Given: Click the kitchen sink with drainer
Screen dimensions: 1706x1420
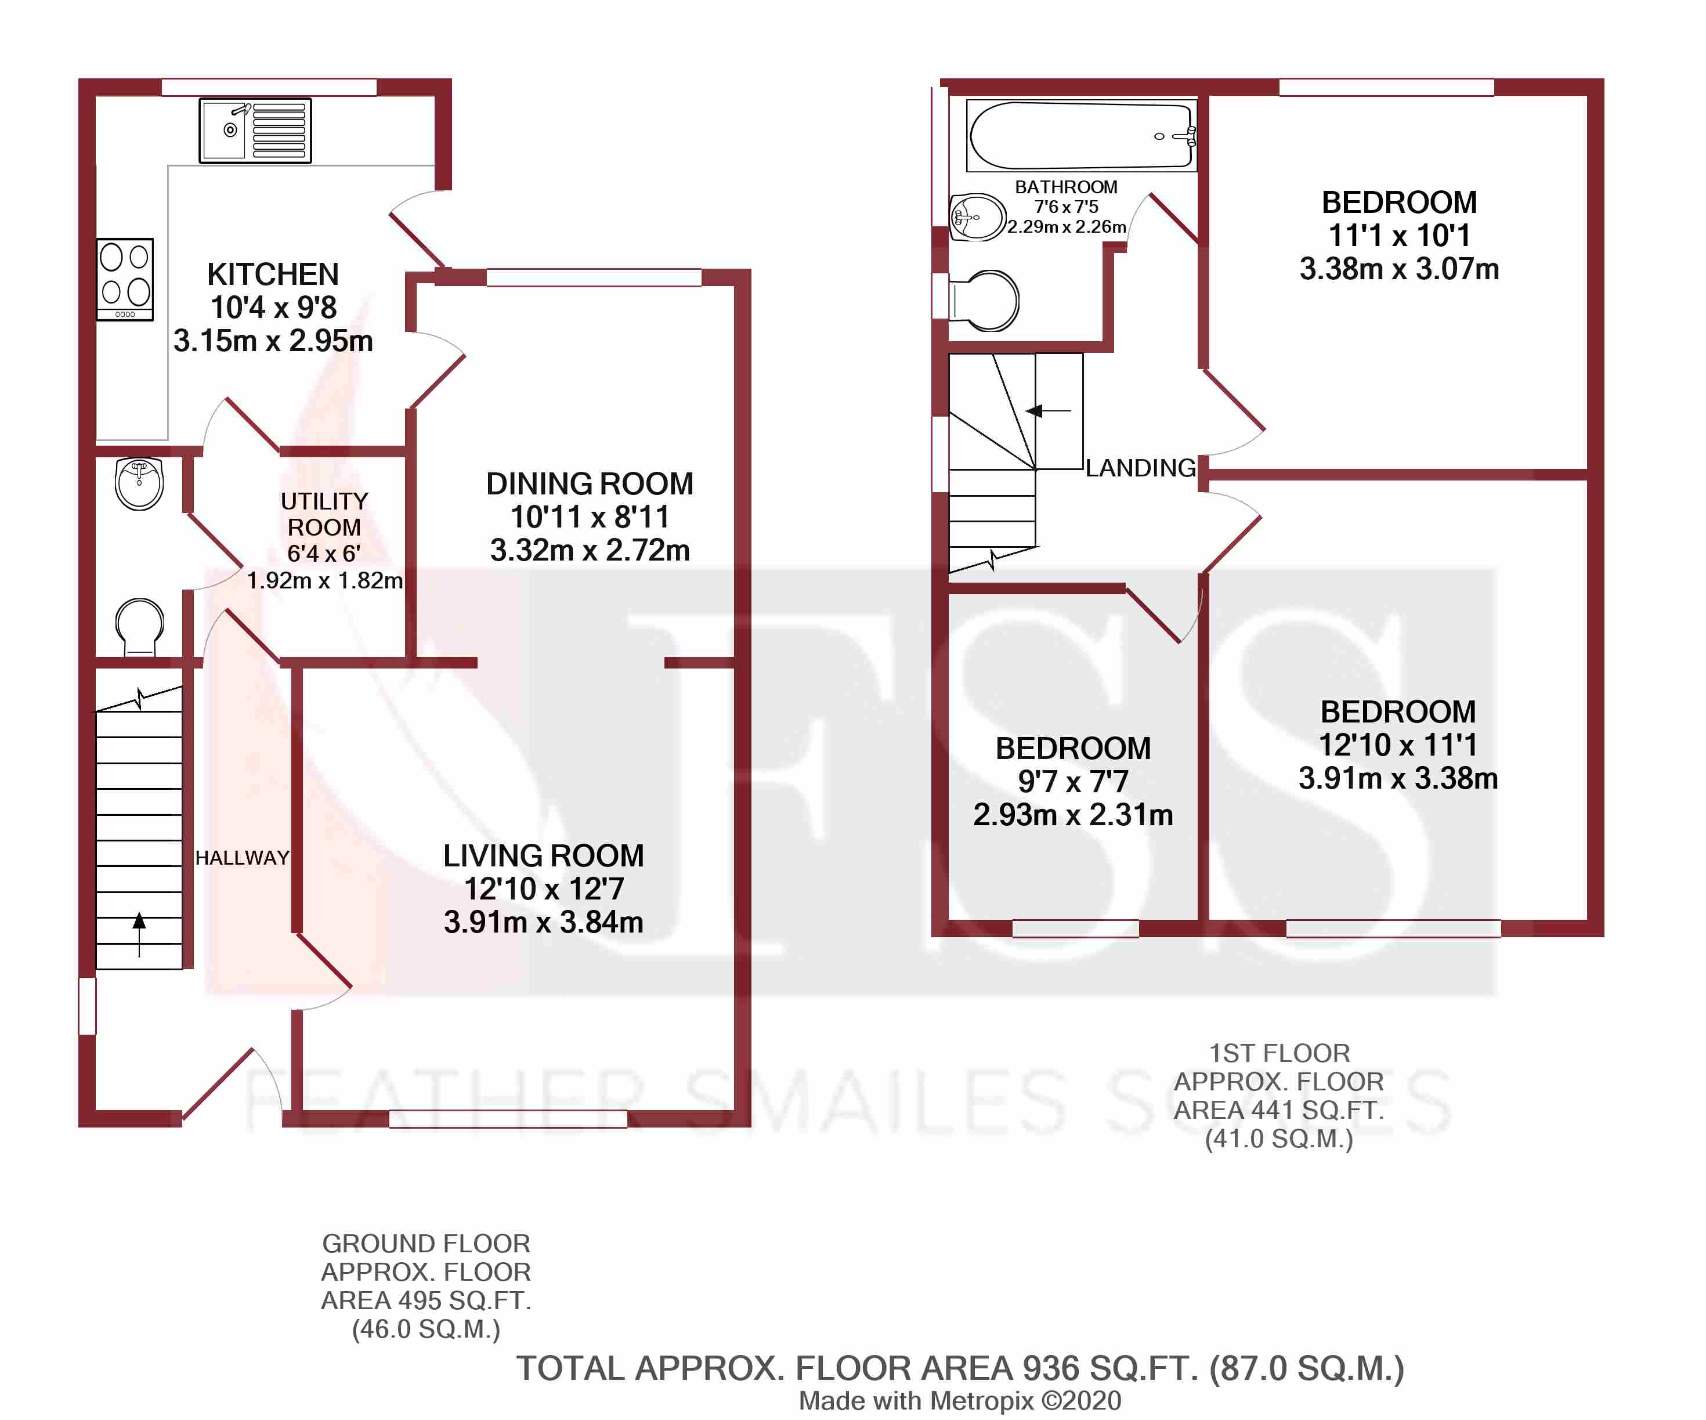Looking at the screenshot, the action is (255, 130).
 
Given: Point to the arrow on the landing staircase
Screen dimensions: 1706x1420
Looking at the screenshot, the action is (1049, 411).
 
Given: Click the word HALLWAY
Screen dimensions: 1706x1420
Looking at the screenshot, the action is (242, 858).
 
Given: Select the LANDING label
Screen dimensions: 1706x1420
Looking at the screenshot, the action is (1141, 468).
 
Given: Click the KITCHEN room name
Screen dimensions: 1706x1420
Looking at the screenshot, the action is (273, 274).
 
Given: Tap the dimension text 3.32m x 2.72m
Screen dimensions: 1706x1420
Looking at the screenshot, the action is (590, 550).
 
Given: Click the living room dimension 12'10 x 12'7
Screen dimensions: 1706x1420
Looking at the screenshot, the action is (544, 888).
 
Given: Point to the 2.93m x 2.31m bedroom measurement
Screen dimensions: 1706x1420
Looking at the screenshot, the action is (1073, 815).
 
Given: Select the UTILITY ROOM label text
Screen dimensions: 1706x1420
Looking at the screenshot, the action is (324, 514).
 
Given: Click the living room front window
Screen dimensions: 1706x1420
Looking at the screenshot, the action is (508, 1119).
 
